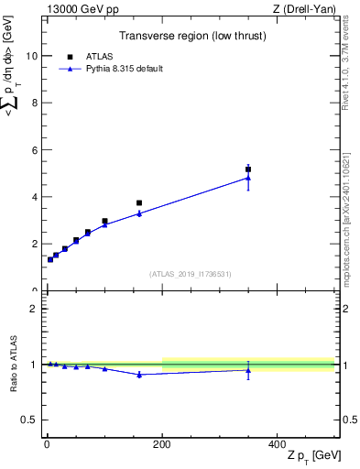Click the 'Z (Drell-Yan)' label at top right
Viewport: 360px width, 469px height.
click(305, 9)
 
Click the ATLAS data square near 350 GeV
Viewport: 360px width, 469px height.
click(248, 169)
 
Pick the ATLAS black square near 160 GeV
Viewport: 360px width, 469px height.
click(139, 203)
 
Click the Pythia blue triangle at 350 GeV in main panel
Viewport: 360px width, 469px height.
click(248, 178)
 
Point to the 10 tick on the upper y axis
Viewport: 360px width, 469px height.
click(32, 55)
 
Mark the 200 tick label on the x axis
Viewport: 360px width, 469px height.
click(162, 443)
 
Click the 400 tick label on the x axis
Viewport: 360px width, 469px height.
click(277, 443)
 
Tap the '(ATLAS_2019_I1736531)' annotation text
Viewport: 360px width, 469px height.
click(191, 274)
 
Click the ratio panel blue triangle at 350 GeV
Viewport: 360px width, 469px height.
click(248, 369)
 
